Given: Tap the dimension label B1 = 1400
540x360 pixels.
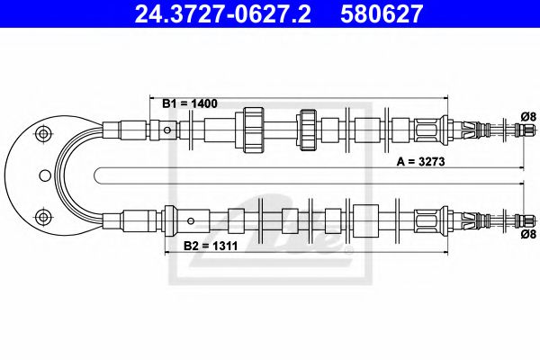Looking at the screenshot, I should pyautogui.click(x=191, y=104).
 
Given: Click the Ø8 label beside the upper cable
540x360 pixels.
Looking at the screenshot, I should pyautogui.click(x=527, y=114).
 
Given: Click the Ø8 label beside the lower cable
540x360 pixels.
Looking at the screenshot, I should pyautogui.click(x=527, y=236).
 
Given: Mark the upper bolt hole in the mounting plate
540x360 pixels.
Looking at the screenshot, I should pyautogui.click(x=40, y=135).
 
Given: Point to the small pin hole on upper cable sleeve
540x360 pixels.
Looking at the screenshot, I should pyautogui.click(x=167, y=131).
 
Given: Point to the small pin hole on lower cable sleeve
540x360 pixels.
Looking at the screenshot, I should pyautogui.click(x=190, y=220).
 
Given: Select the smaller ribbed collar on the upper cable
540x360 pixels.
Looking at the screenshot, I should pyautogui.click(x=308, y=131).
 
